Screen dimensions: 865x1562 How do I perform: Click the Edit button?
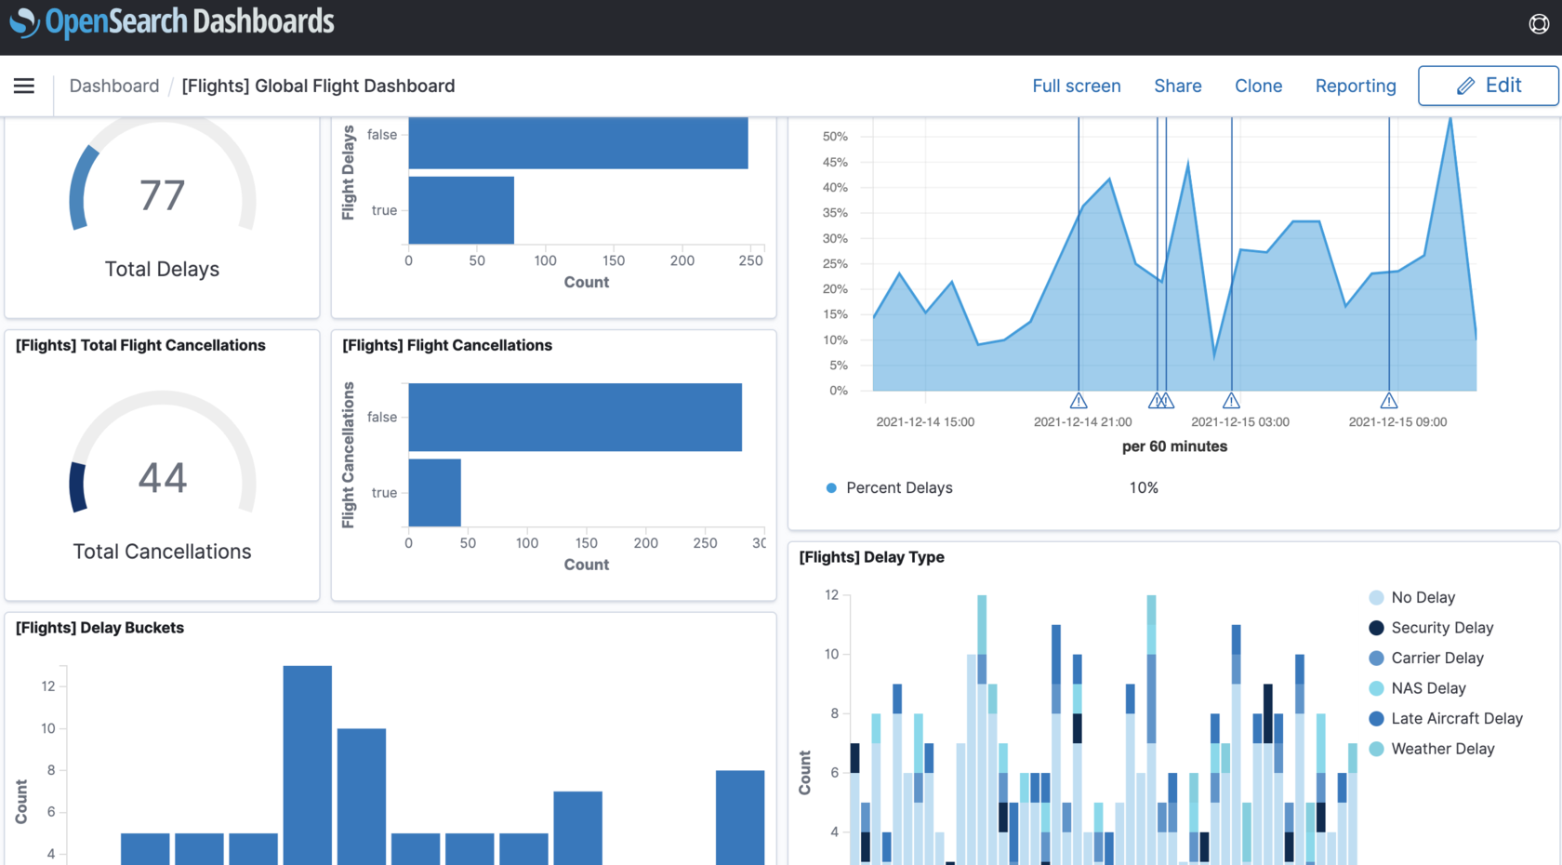pos(1488,86)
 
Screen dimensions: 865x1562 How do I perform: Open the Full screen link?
pos(1076,86)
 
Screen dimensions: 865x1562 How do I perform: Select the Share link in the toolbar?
pos(1177,86)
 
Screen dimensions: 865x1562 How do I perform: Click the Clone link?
pos(1258,86)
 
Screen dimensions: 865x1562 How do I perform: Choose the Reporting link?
pos(1355,86)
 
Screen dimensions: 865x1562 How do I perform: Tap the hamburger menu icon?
pos(24,86)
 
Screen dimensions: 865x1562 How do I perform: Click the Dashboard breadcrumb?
pos(114,86)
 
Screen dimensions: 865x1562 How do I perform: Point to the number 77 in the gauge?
pos(163,195)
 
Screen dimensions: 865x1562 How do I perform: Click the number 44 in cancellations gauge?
pos(163,478)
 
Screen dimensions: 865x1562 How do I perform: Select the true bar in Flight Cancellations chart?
pos(434,492)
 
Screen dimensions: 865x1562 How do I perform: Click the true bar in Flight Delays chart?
pos(461,210)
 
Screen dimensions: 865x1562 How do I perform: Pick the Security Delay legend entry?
pos(1441,628)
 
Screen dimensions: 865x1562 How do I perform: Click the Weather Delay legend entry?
pos(1442,749)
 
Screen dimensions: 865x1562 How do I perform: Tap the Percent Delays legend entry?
pos(898,487)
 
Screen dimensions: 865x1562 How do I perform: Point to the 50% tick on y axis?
pos(835,136)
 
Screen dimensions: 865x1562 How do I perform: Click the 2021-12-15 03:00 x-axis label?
pos(1239,421)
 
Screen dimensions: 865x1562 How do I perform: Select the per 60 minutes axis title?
pos(1174,446)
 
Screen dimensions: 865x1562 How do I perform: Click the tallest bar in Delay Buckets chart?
pos(308,763)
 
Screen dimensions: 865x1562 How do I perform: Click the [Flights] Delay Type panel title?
pos(871,557)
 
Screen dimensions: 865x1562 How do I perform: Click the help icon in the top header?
pos(1539,24)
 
